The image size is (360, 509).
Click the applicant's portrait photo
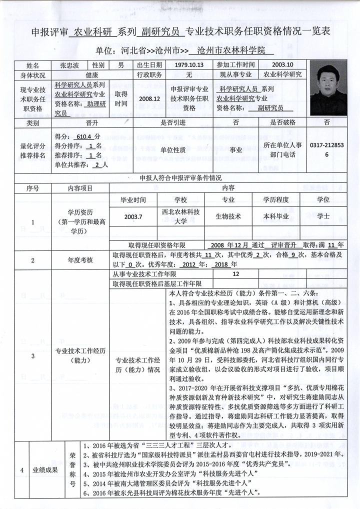[x=328, y=88]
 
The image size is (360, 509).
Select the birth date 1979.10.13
[x=189, y=65]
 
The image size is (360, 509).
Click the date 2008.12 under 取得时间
[x=150, y=98]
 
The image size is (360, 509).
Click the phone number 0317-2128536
[x=327, y=149]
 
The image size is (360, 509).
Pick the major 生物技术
[x=228, y=216]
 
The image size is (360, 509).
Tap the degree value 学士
[x=323, y=216]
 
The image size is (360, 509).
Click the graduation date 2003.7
[x=133, y=216]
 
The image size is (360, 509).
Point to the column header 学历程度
[x=276, y=199]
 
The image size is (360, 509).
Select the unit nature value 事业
[x=235, y=149]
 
